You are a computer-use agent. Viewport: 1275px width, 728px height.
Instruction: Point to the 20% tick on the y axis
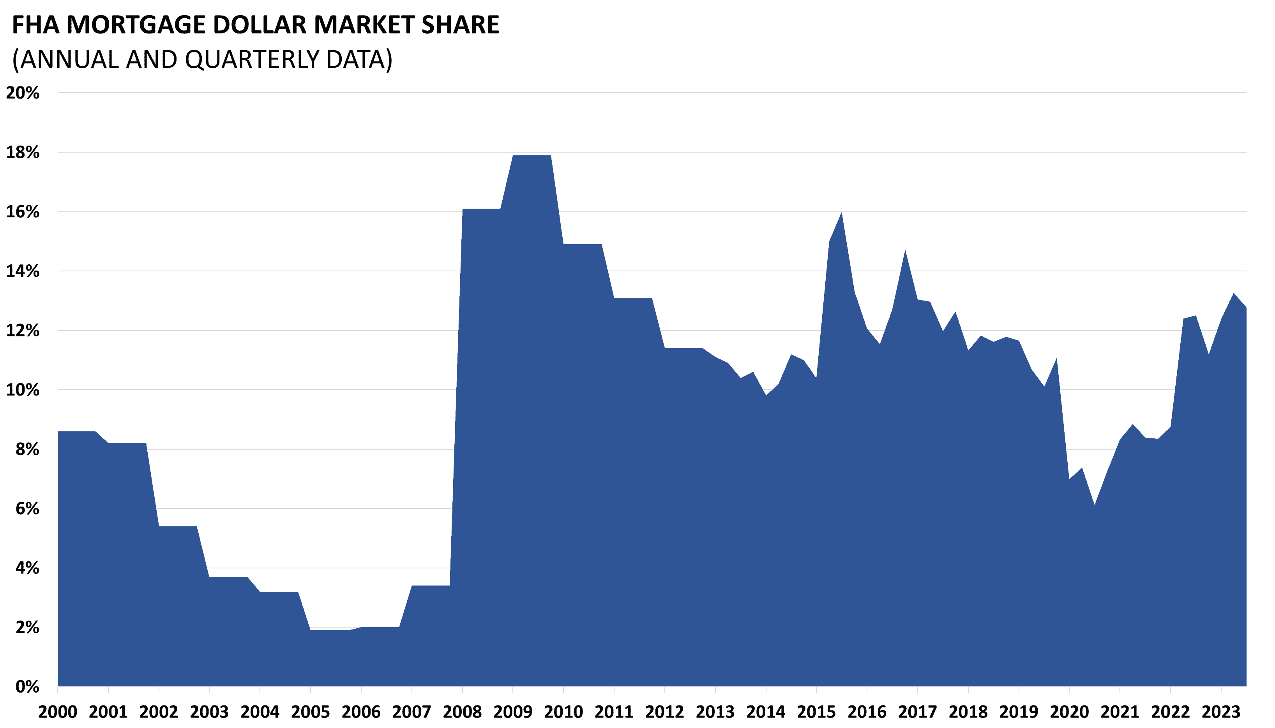tap(23, 93)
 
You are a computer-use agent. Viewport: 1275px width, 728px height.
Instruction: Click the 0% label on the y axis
tap(27, 686)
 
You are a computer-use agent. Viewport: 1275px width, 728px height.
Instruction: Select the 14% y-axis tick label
tap(23, 271)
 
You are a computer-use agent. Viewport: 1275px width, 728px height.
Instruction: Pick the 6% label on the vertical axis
tap(27, 508)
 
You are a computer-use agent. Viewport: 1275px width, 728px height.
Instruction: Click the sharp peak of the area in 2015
tap(842, 213)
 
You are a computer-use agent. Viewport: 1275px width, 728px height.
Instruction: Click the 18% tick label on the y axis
tap(23, 153)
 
